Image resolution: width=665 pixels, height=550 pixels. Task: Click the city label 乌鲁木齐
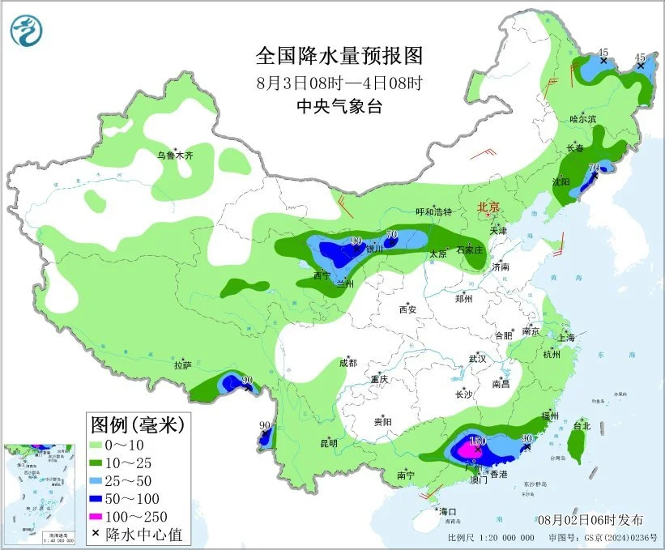(x=175, y=155)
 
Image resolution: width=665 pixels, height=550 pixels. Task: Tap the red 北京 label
(x=489, y=207)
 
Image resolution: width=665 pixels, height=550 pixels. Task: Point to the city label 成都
(x=348, y=363)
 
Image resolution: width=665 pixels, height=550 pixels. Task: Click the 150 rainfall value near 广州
(x=477, y=440)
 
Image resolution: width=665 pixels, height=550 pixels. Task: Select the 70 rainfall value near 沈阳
(x=594, y=168)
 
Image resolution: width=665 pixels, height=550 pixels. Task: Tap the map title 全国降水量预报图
(x=339, y=56)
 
